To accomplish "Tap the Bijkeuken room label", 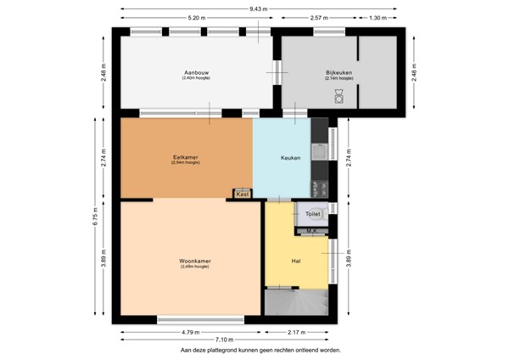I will click(x=338, y=72).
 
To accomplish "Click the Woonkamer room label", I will click(x=194, y=261).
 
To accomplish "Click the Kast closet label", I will click(x=243, y=194).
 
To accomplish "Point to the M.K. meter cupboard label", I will click(x=311, y=230).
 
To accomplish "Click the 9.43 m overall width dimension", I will click(x=258, y=8).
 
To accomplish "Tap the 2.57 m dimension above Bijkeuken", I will click(x=319, y=18).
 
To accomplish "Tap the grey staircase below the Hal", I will click(x=296, y=301).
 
